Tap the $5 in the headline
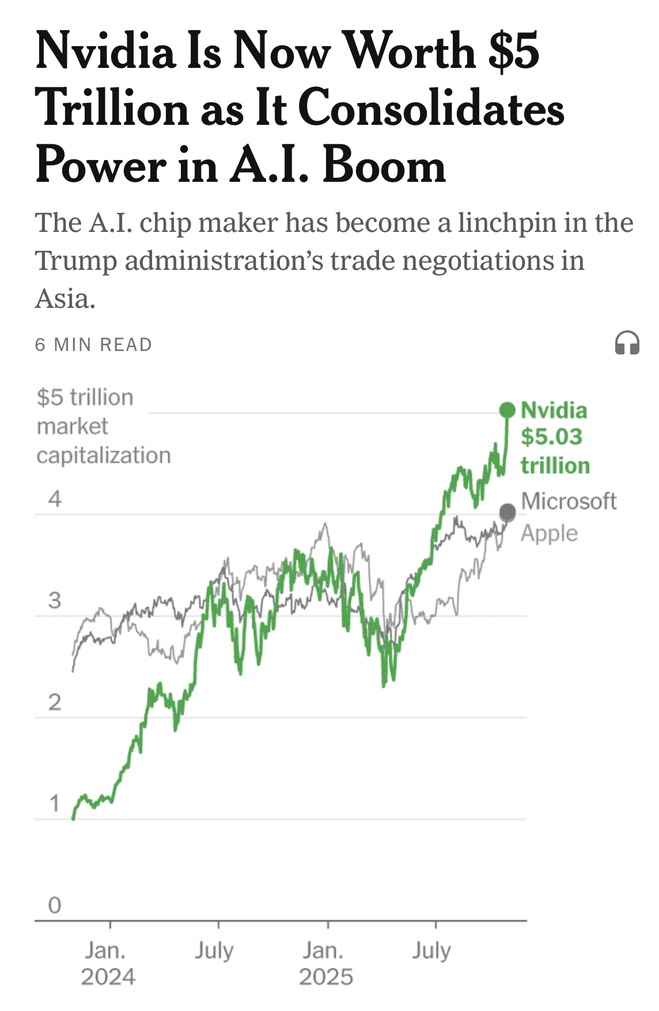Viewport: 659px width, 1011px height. coord(513,51)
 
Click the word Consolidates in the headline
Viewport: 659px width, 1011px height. coord(432,108)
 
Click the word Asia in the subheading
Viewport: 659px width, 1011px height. coord(64,299)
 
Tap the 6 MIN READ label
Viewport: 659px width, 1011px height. coord(93,345)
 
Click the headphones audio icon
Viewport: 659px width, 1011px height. coord(627,344)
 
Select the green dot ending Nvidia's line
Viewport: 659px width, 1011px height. coord(507,410)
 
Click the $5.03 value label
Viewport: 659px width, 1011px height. coord(551,437)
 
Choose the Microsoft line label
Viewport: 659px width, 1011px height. coord(569,501)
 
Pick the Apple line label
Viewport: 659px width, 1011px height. coord(549,533)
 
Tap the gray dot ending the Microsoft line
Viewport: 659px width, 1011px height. coord(507,512)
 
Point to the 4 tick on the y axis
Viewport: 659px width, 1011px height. coord(55,499)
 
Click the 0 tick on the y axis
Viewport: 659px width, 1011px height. coord(55,905)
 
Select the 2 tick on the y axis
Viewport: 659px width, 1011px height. coord(55,702)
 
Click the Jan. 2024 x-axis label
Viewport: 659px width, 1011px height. coord(108,964)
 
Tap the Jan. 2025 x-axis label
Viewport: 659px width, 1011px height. coord(325,964)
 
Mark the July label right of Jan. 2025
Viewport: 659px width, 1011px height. coord(431,951)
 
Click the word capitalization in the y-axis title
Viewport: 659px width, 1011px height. coord(104,455)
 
